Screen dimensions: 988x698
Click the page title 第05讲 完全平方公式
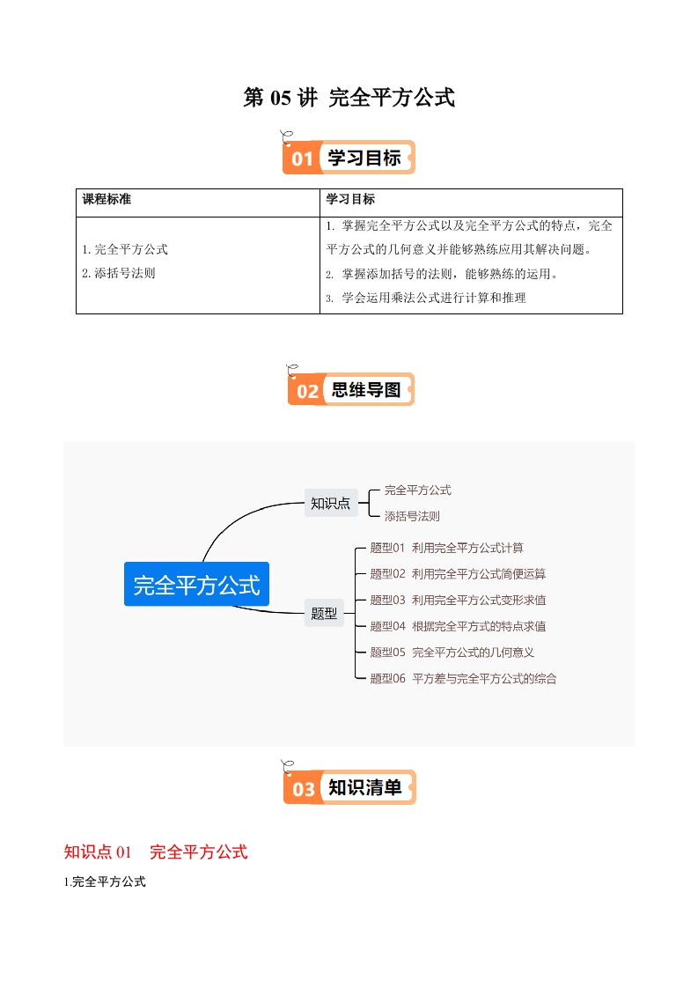[349, 98]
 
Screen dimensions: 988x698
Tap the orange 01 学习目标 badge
[349, 158]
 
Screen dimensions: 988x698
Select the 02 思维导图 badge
[350, 389]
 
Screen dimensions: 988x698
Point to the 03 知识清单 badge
[349, 787]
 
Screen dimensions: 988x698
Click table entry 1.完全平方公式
[124, 249]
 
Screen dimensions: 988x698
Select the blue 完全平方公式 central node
[196, 584]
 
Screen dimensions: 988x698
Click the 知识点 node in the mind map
[330, 504]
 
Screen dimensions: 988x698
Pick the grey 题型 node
[324, 613]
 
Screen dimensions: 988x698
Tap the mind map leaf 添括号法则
[412, 516]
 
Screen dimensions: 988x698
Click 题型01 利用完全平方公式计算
[446, 548]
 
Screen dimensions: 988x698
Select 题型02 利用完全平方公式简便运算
[458, 574]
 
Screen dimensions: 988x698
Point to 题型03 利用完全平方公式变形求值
[458, 601]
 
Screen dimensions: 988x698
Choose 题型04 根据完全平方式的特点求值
[458, 626]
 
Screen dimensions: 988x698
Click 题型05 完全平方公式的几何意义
[452, 653]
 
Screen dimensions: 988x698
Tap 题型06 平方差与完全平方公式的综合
[463, 679]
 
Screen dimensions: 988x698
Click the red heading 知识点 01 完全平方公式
[156, 852]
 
